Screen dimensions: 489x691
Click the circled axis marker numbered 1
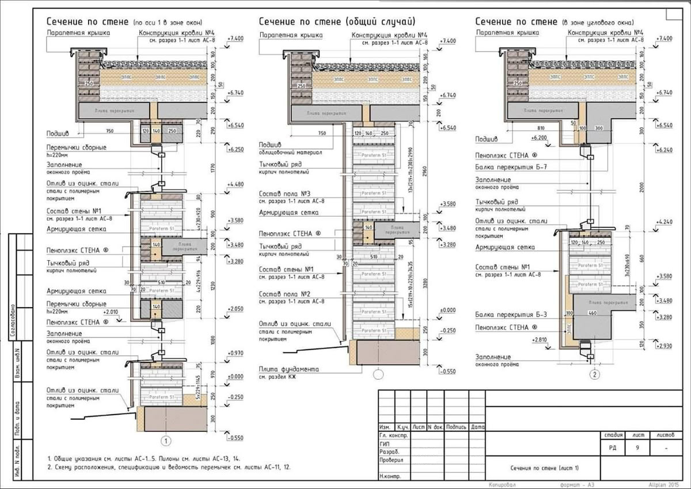[x=166, y=441]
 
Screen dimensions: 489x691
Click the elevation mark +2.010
[x=113, y=312]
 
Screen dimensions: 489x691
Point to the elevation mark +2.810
[x=540, y=340]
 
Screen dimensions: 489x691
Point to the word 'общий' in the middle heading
[x=362, y=22]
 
